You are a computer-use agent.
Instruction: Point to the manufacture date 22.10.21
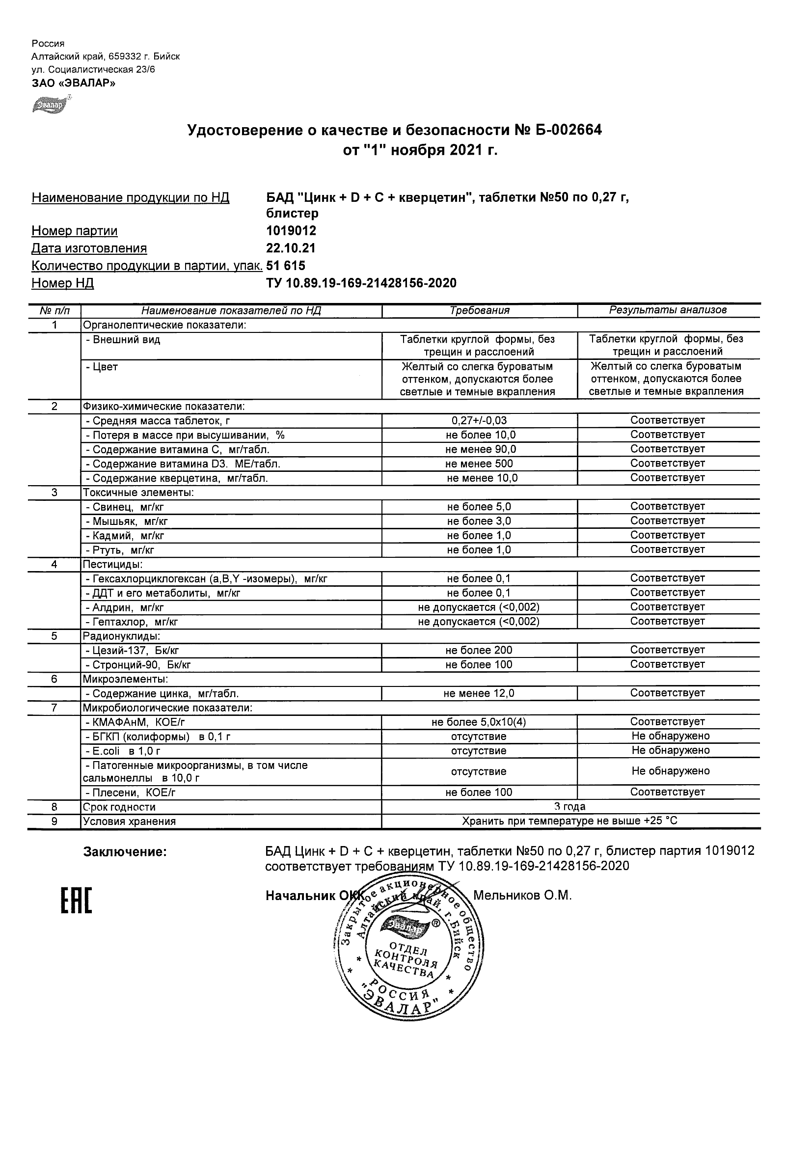[x=290, y=248]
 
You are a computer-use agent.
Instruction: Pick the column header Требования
[x=479, y=310]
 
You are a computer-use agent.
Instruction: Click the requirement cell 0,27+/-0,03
[x=479, y=421]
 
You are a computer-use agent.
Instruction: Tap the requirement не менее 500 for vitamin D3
[x=479, y=464]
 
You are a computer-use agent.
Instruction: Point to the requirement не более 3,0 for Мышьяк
[x=479, y=521]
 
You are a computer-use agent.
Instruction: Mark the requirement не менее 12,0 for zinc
[x=479, y=694]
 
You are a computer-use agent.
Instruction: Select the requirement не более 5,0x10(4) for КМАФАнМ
[x=479, y=722]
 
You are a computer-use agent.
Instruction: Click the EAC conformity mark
[x=77, y=901]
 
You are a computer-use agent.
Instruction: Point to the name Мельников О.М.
[x=522, y=895]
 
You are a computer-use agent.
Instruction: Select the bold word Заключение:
[x=125, y=852]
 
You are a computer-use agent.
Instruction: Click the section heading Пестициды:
[x=113, y=565]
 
